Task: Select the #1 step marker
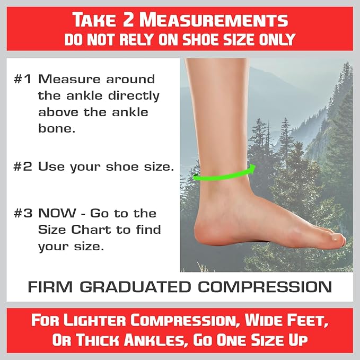pyautogui.click(x=24, y=80)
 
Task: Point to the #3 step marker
pyautogui.click(x=24, y=214)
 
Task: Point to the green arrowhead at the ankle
pyautogui.click(x=252, y=169)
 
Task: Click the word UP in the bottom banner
pyautogui.click(x=294, y=340)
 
